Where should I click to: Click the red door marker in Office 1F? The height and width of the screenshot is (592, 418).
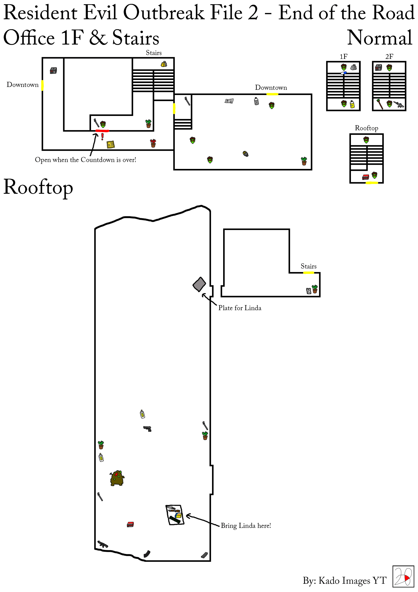102,131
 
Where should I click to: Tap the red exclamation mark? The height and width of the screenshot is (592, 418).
102,136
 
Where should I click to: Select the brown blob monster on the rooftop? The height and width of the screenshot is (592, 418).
117,478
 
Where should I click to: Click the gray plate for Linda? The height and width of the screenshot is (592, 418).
199,284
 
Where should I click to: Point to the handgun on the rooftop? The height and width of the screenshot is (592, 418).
147,429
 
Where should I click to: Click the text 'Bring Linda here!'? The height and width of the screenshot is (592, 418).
246,526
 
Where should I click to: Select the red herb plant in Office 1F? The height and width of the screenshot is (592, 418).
153,143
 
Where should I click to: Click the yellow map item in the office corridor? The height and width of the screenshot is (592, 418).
111,145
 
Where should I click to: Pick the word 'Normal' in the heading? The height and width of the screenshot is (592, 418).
380,38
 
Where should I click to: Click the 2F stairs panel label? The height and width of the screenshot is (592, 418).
389,56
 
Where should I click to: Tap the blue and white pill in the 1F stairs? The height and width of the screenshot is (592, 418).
344,73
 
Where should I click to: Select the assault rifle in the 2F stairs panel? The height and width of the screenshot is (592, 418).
399,104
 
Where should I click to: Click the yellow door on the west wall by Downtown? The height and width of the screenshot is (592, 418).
42,85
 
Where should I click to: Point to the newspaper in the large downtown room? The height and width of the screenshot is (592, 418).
229,101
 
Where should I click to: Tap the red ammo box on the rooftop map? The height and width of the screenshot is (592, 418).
130,524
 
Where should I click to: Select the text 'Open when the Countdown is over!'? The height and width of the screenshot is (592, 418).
86,160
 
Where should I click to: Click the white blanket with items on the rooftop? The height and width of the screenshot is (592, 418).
175,515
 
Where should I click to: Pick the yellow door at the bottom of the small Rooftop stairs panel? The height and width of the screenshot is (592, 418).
372,183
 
